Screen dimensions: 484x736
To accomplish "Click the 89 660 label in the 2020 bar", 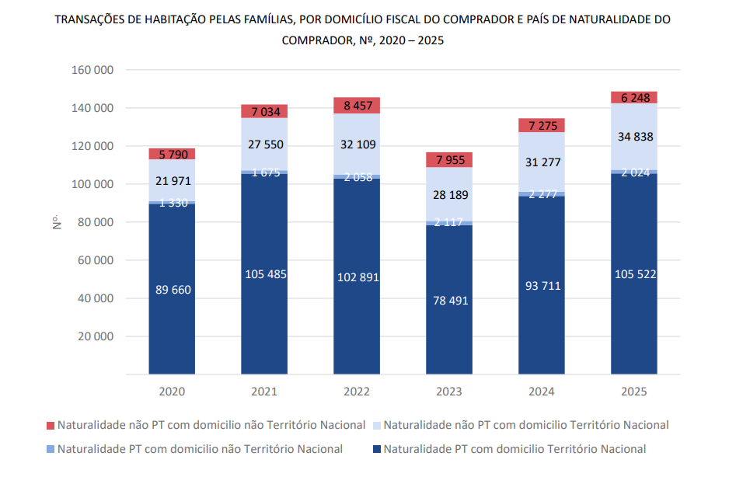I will (172, 290).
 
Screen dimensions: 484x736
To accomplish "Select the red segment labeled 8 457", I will (357, 106).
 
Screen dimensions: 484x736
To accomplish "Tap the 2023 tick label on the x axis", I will (449, 392).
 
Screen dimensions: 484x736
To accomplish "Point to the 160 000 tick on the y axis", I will (92, 70).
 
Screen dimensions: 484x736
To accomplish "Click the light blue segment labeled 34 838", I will (634, 137).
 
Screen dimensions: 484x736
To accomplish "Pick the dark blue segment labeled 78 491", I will (449, 300).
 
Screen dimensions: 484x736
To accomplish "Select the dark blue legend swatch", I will (377, 449).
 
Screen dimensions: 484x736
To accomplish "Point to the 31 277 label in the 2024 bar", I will (542, 162).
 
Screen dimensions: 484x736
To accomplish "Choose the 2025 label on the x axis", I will (634, 392).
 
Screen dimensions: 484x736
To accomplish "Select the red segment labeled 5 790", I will (172, 154).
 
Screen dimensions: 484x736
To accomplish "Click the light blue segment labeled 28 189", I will (449, 194).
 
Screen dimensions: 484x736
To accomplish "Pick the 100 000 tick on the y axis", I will (92, 184).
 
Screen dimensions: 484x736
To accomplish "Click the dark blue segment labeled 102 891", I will (357, 277).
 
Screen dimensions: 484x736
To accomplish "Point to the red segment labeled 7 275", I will (542, 125).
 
